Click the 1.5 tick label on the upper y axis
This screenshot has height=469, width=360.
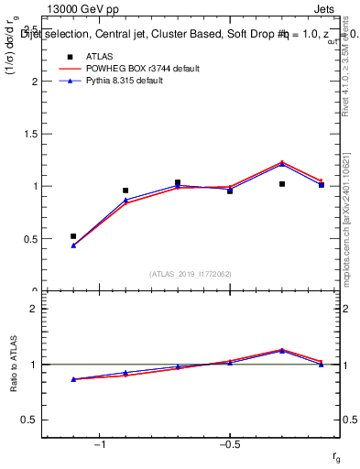[31, 134]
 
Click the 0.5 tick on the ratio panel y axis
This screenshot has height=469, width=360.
[31, 420]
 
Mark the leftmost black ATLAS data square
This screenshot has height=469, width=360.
[73, 236]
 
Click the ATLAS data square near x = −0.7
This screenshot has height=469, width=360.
[178, 182]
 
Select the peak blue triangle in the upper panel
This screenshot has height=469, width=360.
[282, 164]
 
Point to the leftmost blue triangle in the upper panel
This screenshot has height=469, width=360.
[73, 245]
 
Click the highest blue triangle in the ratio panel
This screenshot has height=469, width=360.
[282, 351]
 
